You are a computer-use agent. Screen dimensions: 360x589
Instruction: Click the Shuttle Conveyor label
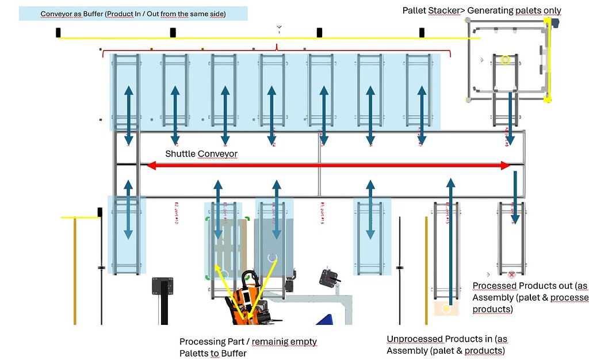[x=201, y=154]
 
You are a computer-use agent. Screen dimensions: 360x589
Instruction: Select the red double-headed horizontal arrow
[x=328, y=166]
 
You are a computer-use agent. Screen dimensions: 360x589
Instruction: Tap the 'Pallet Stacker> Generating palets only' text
[x=481, y=10]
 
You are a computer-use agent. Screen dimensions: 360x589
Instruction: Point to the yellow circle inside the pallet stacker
[x=505, y=59]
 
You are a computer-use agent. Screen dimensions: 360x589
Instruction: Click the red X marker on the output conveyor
[x=511, y=275]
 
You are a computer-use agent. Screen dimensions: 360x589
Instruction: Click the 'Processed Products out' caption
[x=529, y=297]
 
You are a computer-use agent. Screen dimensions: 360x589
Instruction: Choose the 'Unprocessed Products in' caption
[x=446, y=344]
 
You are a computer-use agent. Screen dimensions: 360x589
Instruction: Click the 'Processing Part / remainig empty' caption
[x=248, y=347]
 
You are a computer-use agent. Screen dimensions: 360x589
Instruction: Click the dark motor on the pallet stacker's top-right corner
[x=556, y=24]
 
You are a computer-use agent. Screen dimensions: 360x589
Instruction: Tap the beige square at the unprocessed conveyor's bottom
[x=445, y=309]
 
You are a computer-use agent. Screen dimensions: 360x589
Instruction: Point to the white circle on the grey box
[x=272, y=257]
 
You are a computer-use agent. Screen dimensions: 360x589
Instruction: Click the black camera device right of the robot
[x=330, y=278]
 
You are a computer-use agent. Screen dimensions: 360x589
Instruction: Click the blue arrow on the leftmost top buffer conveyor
[x=128, y=115]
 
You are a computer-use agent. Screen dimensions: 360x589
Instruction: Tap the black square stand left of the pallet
[x=163, y=286]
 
